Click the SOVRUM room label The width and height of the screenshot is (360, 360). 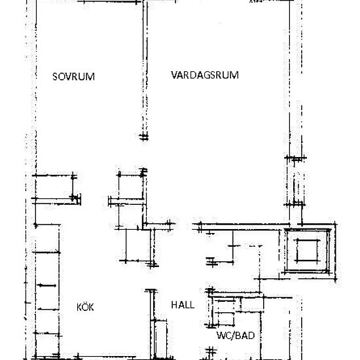pos(73,77)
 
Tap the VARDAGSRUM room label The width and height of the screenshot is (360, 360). pos(205,75)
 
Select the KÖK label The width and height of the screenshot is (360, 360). pos(85,306)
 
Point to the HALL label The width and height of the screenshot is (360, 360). pos(183,305)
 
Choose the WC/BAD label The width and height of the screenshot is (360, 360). pos(235,336)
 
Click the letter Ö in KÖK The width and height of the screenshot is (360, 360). pos(85,306)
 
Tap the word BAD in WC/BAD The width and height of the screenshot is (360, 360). pos(245,336)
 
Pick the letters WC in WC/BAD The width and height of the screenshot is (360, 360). pos(223,336)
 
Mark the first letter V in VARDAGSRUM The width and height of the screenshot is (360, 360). pos(174,75)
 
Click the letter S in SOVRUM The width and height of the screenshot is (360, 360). pos(55,77)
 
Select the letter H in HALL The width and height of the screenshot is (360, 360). pos(174,305)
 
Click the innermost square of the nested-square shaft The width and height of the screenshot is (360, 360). pos(306,250)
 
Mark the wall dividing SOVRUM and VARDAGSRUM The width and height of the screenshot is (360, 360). pos(143,72)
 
